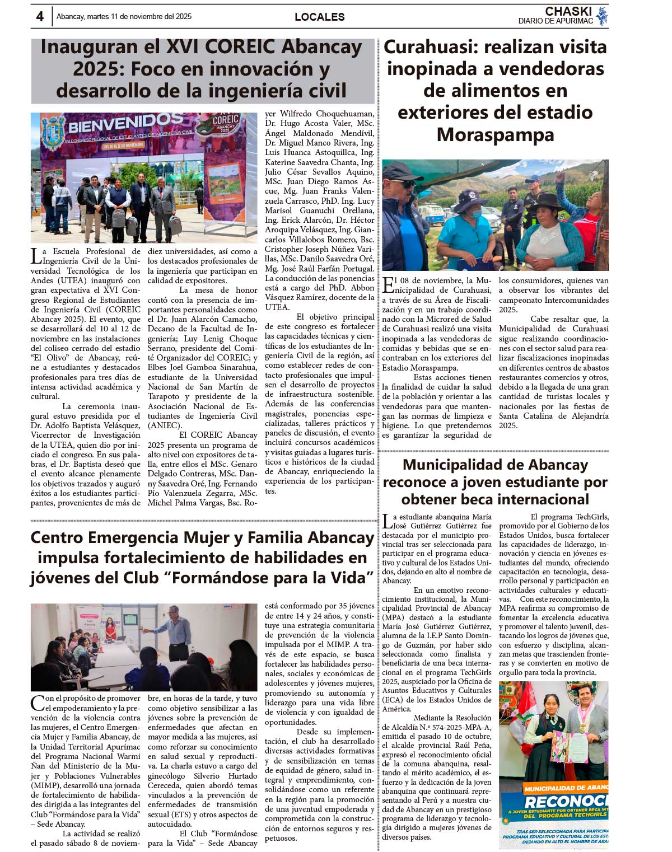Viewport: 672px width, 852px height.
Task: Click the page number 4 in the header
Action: tap(40, 17)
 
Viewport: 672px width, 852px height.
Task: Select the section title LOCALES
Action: tap(319, 17)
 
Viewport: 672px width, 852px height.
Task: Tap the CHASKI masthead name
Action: tap(568, 11)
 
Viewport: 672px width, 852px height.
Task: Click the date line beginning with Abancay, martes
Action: tap(124, 17)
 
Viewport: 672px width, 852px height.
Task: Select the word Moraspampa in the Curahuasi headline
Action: tap(495, 134)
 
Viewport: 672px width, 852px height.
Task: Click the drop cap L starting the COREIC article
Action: tap(35, 256)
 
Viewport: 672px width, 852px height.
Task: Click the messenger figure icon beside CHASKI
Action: tap(602, 16)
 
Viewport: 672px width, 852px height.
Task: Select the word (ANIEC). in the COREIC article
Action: tap(165, 425)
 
